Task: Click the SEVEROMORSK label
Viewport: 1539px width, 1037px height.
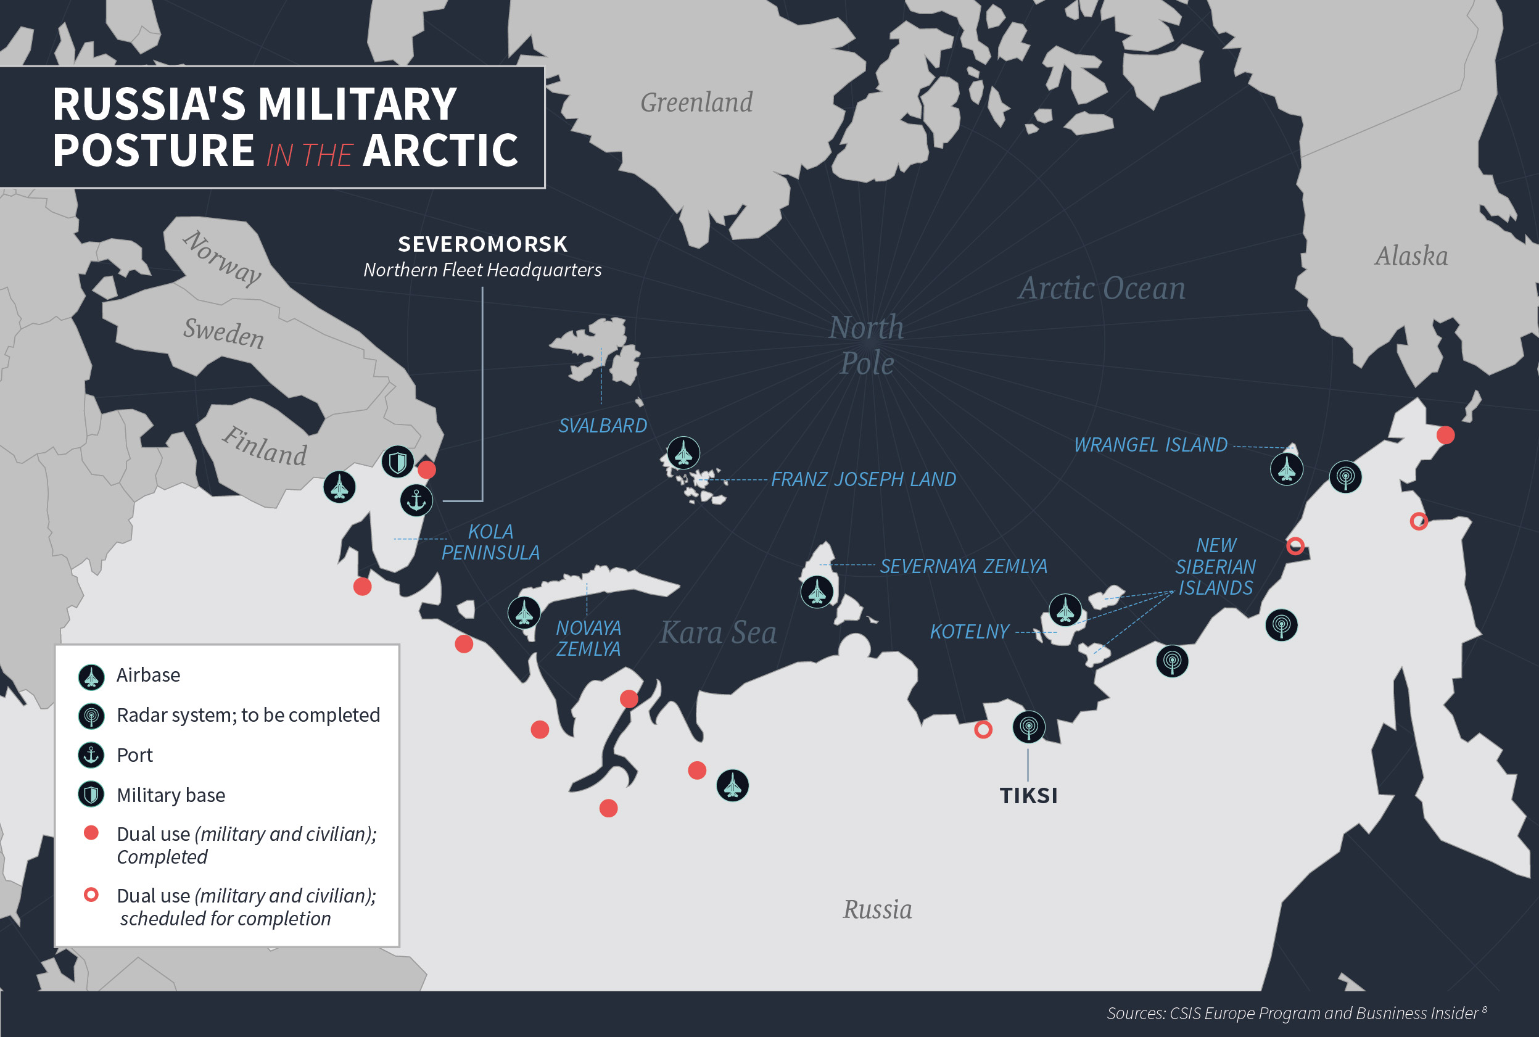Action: pyautogui.click(x=482, y=244)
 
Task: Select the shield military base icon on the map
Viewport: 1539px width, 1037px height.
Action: pyautogui.click(x=397, y=461)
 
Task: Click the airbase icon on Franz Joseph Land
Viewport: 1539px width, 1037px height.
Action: pyautogui.click(x=683, y=453)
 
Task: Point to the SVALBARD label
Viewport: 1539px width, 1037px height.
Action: pyautogui.click(x=602, y=425)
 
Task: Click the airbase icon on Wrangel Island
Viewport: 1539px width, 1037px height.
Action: pyautogui.click(x=1286, y=469)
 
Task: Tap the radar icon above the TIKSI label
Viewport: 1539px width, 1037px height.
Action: pyautogui.click(x=1028, y=727)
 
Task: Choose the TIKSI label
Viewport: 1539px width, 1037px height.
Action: pyautogui.click(x=1028, y=795)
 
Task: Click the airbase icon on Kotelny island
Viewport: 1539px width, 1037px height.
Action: pyautogui.click(x=1065, y=609)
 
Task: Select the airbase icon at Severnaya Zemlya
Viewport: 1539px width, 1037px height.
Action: pyautogui.click(x=817, y=591)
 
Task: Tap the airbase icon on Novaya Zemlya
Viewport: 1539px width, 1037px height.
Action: pyautogui.click(x=524, y=613)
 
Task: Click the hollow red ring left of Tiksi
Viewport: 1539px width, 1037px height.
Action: pyautogui.click(x=983, y=729)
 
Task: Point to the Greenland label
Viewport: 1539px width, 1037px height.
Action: pyautogui.click(x=696, y=102)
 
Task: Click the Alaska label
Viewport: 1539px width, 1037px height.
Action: pyautogui.click(x=1411, y=256)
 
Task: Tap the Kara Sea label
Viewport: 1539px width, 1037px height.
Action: pyautogui.click(x=718, y=633)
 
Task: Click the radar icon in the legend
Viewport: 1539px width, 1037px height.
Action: pyautogui.click(x=91, y=716)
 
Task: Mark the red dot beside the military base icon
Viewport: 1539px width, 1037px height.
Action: pyautogui.click(x=427, y=469)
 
